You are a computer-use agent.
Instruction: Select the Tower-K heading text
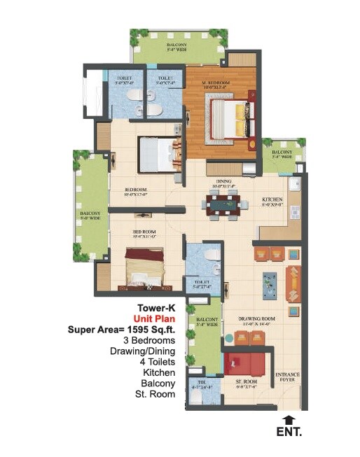153,307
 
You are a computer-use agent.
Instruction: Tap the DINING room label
223,184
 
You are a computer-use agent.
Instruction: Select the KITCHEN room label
272,199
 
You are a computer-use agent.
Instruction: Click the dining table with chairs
223,204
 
